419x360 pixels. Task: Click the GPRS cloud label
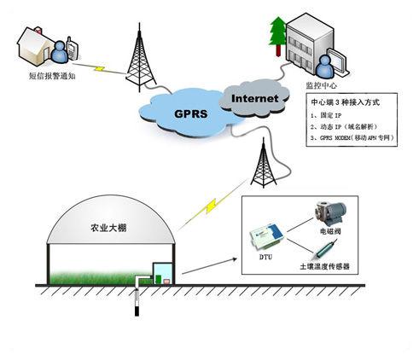click(190, 113)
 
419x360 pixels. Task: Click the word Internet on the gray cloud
click(254, 98)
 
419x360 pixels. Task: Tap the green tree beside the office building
click(277, 36)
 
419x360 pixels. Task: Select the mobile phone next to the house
click(72, 49)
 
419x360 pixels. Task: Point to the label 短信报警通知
click(52, 76)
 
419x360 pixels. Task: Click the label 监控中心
click(321, 85)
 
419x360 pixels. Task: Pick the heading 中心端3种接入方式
click(346, 102)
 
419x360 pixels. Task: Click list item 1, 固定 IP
click(326, 115)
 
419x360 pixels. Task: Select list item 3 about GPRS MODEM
click(352, 137)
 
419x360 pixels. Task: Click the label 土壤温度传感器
click(324, 266)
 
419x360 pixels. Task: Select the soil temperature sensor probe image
click(325, 249)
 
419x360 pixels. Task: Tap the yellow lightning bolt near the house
click(100, 68)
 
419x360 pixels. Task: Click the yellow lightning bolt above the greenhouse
click(211, 206)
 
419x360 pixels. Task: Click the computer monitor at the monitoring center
click(337, 61)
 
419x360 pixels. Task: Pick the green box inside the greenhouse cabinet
click(158, 279)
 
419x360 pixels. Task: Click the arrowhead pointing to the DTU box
click(235, 259)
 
